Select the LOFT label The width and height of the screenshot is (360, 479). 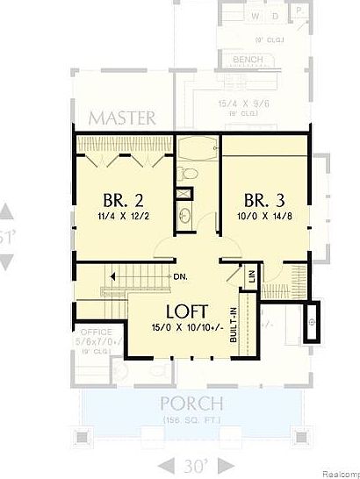coord(187,311)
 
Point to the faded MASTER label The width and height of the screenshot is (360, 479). coord(122,118)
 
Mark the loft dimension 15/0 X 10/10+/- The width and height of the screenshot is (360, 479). coord(187,327)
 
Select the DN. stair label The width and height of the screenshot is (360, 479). coord(183,277)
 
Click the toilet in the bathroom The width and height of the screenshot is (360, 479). coord(183,195)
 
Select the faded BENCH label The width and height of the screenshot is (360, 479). coord(248,60)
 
